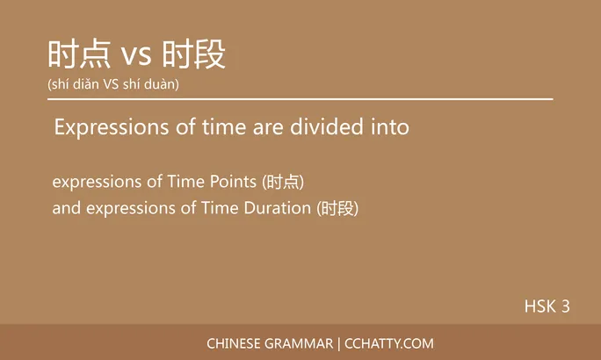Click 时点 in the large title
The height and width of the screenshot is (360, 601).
pos(79,54)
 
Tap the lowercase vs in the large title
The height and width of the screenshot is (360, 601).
pos(136,56)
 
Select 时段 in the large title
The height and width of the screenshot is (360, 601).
pos(194,54)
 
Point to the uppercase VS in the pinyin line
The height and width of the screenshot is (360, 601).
pos(116,84)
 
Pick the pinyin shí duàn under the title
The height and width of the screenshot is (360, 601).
pos(155,84)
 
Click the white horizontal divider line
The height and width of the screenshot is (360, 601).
pos(300,99)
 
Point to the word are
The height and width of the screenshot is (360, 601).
pos(270,127)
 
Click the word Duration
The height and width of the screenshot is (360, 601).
pos(279,208)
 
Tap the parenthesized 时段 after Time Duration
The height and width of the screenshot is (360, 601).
pos(338,208)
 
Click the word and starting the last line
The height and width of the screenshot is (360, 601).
pos(65,208)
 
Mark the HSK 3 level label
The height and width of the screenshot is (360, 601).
pos(547,306)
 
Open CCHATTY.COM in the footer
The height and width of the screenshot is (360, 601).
pos(388,343)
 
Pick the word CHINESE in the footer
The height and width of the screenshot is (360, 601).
pos(232,343)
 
